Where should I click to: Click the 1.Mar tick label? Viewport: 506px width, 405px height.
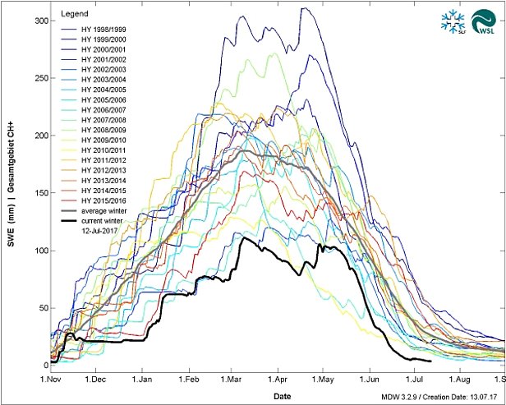pos(237,381)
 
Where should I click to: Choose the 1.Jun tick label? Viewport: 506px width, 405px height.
pos(378,381)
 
